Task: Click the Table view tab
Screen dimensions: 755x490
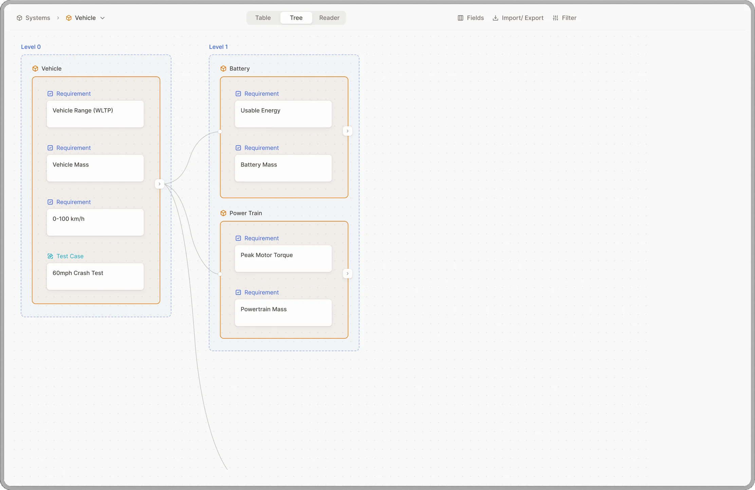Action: (x=263, y=18)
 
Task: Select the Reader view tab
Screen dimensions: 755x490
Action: (x=329, y=18)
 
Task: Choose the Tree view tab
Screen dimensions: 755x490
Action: (x=296, y=18)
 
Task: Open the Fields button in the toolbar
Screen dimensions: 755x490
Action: (x=471, y=18)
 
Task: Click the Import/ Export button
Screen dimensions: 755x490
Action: (x=518, y=18)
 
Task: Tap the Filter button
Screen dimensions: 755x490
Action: (x=565, y=18)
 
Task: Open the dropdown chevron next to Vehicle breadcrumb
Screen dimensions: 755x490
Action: (x=103, y=18)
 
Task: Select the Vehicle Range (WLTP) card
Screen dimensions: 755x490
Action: (x=95, y=114)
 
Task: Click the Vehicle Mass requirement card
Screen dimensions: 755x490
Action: (x=95, y=168)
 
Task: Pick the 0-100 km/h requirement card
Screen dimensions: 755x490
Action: (x=95, y=222)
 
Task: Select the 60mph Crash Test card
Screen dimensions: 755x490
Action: (x=95, y=277)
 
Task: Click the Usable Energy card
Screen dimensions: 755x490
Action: (x=283, y=114)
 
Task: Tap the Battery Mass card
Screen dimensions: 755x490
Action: (x=283, y=168)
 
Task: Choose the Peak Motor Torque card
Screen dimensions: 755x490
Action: (x=283, y=259)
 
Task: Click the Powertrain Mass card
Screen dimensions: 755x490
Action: (x=283, y=313)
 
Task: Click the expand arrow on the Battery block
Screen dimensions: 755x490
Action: (x=347, y=131)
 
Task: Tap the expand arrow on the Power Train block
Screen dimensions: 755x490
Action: (x=347, y=274)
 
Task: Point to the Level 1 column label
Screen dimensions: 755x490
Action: (x=218, y=47)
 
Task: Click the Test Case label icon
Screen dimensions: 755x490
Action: (x=50, y=256)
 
